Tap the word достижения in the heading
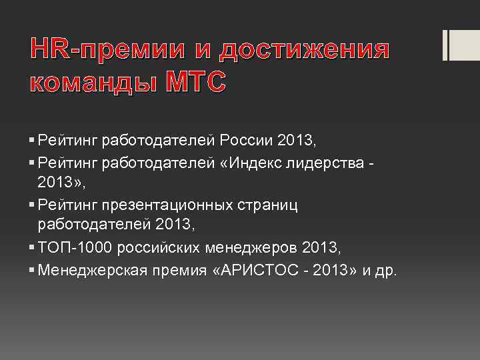click(x=304, y=49)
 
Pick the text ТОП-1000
click(x=74, y=249)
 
